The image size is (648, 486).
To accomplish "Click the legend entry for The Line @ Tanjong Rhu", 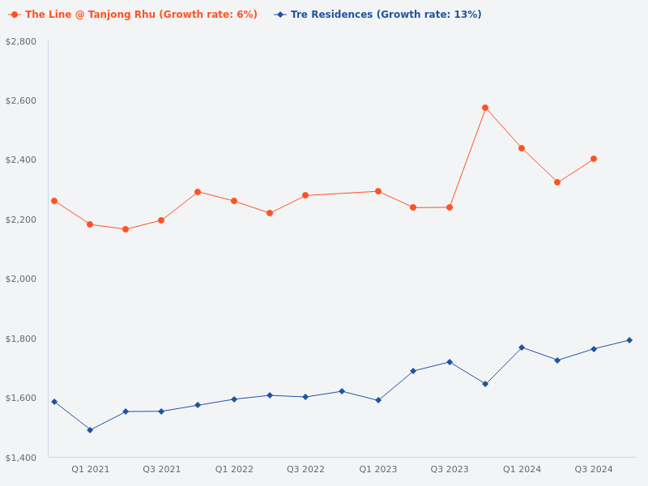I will (x=134, y=15).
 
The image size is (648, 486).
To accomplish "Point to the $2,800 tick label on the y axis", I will (x=20, y=41).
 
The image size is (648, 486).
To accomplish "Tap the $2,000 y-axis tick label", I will (x=20, y=279).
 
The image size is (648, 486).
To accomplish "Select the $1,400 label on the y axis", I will (x=20, y=458).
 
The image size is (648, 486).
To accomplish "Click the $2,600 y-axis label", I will (x=20, y=100).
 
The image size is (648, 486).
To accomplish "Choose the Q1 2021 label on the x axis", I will (x=90, y=469).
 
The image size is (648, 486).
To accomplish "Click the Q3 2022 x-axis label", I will (x=305, y=469).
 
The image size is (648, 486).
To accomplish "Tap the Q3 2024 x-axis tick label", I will (x=594, y=469).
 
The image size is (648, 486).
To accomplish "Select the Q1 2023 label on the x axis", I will (x=378, y=469).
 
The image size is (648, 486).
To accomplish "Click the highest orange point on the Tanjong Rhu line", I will (x=485, y=108).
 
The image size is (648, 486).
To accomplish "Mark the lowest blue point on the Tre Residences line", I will (x=90, y=430).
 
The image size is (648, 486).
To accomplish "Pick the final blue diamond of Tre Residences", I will (x=629, y=340).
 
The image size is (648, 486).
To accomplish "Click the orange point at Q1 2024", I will (x=522, y=148).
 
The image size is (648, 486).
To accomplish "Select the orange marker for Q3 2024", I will (x=594, y=159).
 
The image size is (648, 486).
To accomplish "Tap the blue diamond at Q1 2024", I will (x=522, y=347).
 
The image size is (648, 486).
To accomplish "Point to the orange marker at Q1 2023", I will (x=378, y=191).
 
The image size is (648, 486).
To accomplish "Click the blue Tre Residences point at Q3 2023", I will (x=450, y=362).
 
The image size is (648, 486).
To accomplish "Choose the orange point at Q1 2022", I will (x=234, y=201).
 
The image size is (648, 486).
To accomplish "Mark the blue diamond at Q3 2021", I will (x=161, y=411).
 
